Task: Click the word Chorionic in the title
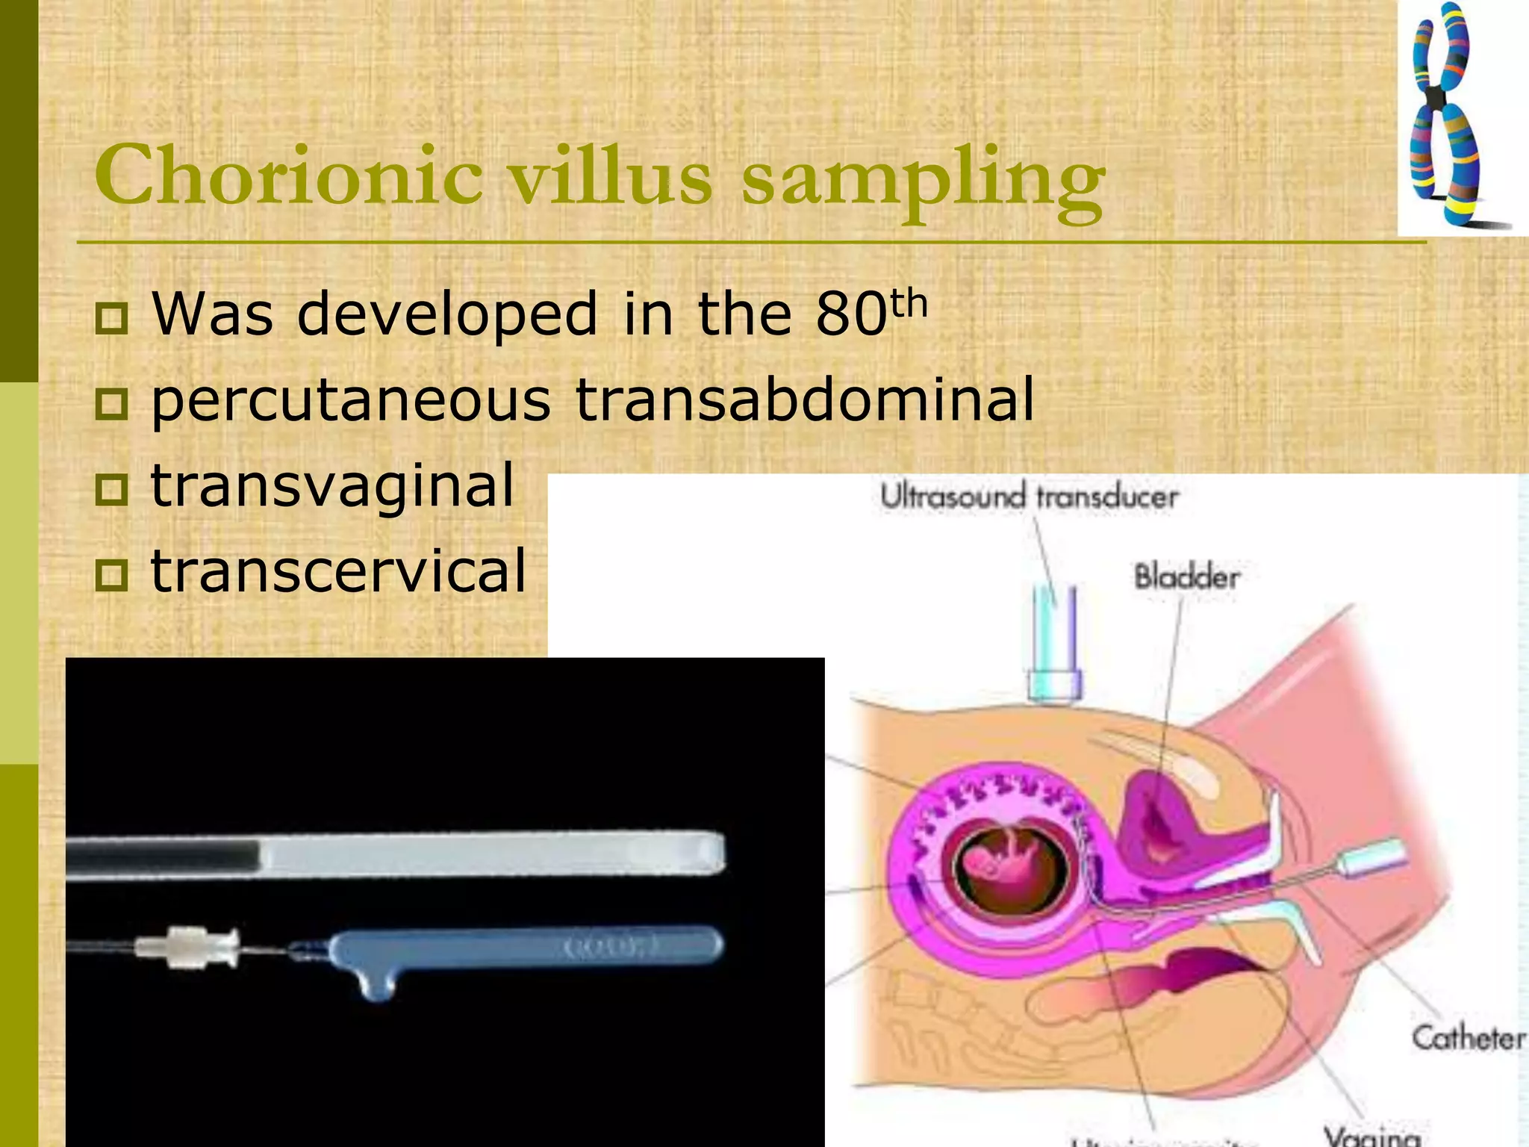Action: tap(288, 176)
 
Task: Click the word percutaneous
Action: tap(351, 400)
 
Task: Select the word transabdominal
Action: tap(805, 399)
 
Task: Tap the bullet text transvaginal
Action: tap(333, 485)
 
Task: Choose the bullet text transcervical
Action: tap(339, 571)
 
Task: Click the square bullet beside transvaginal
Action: tap(112, 490)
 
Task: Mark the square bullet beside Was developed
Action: tap(112, 318)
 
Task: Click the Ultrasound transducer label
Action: tap(1029, 497)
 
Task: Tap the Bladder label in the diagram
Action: tap(1186, 577)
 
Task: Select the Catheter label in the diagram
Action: tap(1467, 1039)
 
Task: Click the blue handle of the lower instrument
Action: tap(523, 948)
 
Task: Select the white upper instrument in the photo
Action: tap(485, 854)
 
